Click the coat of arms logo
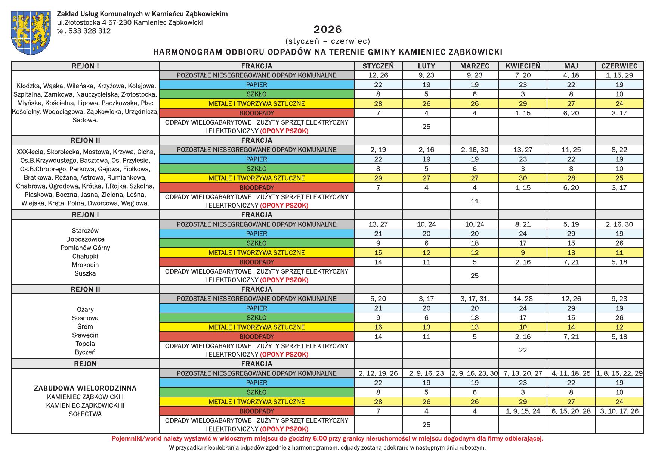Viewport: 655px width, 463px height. click(31, 32)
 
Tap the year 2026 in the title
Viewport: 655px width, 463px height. click(328, 29)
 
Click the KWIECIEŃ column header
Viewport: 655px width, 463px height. click(523, 66)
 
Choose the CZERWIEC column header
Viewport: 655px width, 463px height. click(619, 66)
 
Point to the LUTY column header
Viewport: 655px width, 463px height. click(426, 66)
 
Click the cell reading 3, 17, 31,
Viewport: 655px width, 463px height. click(475, 299)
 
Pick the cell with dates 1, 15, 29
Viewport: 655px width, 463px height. click(619, 75)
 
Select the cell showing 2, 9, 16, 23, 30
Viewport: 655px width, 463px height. click(475, 373)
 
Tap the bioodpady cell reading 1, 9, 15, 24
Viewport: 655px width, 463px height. click(523, 411)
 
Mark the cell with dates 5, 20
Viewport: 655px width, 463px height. click(378, 299)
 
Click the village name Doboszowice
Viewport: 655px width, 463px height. click(85, 239)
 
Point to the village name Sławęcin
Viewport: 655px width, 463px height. click(85, 335)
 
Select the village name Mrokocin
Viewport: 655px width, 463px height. click(85, 265)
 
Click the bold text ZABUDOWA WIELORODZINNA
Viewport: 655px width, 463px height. click(85, 388)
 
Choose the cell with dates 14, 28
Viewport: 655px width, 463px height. click(523, 299)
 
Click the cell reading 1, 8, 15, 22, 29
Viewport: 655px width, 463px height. click(619, 373)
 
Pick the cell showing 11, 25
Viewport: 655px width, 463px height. click(571, 150)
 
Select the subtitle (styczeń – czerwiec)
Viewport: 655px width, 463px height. click(328, 41)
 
